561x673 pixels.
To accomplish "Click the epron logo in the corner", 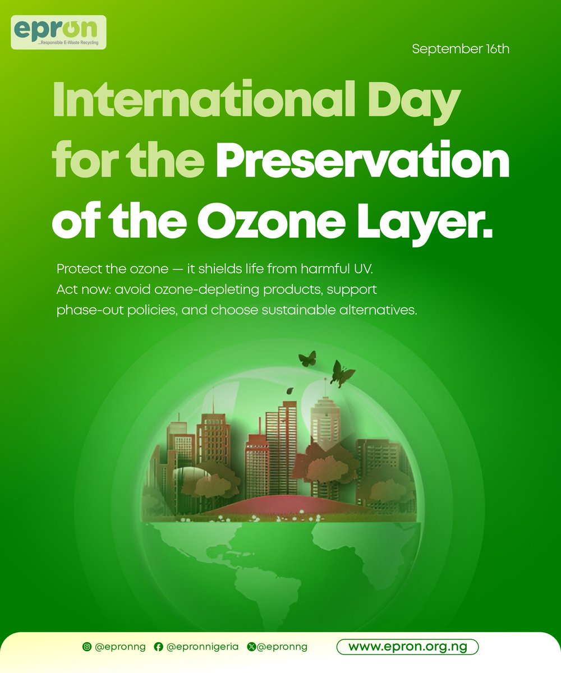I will click(x=58, y=32).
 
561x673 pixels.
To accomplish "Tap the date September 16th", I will click(x=461, y=49).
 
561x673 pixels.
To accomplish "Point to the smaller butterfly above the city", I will click(x=307, y=358).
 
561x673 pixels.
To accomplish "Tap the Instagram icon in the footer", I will click(x=87, y=647).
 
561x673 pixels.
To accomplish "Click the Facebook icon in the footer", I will click(x=158, y=647).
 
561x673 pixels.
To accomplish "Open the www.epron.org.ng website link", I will click(x=407, y=647).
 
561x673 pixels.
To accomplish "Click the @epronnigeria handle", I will click(x=203, y=647).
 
